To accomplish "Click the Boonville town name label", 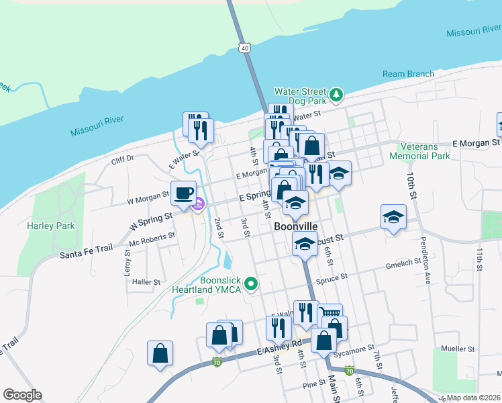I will pos(296,227).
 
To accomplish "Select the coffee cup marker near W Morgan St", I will pos(184,193).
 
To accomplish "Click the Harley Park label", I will pos(51,226).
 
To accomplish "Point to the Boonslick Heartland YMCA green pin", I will pos(251,284).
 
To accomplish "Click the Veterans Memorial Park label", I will pos(423,151).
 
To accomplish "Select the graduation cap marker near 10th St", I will pos(393,217).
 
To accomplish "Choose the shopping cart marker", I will pos(330,314).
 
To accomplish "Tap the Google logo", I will pos(22,395).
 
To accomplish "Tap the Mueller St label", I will pos(458,349).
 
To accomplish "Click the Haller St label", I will pos(146,282).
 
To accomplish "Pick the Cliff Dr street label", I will pos(123,159).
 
